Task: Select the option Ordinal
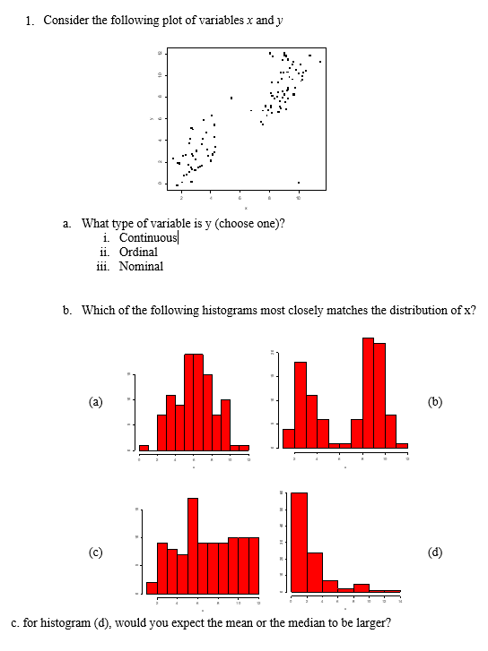tap(138, 252)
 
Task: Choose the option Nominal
tap(141, 266)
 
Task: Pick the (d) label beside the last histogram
tap(435, 551)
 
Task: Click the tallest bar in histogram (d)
tap(300, 542)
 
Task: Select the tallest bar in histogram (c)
tap(192, 545)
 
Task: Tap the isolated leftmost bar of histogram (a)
tap(144, 447)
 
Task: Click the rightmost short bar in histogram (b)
tap(402, 445)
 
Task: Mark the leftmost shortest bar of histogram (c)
tap(152, 587)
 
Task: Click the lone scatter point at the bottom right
tap(299, 183)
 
